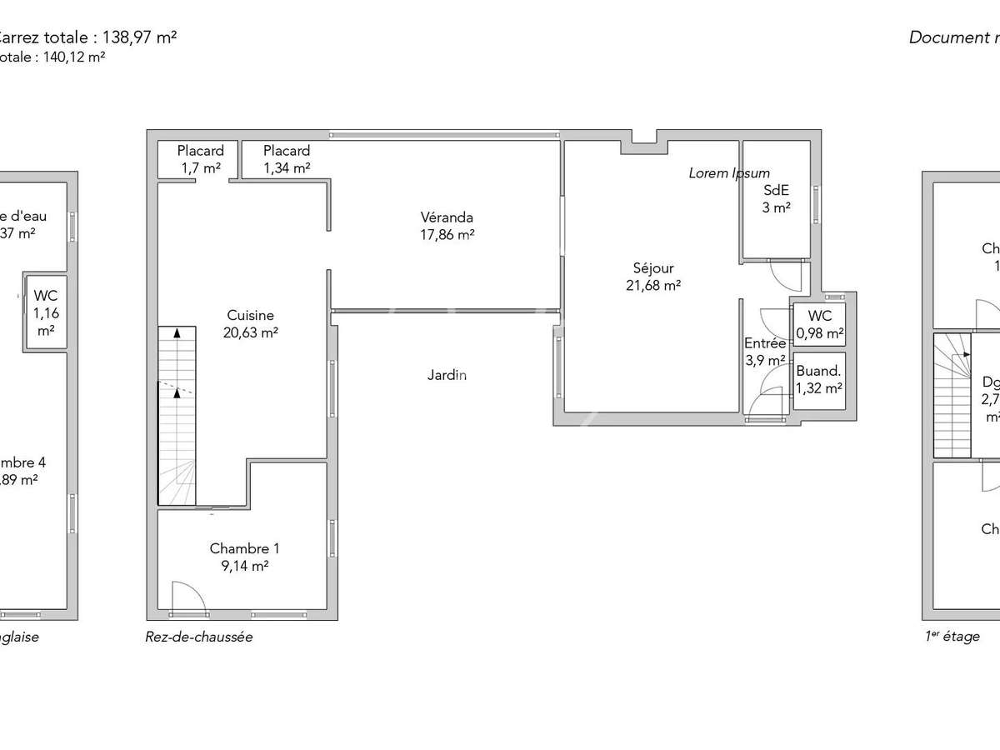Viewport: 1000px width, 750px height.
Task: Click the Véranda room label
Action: coord(447,218)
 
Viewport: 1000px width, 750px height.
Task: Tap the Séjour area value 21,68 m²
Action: coord(653,285)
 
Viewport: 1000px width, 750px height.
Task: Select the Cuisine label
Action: coord(250,316)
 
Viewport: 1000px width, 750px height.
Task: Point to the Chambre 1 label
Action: coord(244,548)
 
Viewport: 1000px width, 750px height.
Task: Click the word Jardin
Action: coord(447,375)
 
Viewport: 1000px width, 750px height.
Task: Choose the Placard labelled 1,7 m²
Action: coord(201,159)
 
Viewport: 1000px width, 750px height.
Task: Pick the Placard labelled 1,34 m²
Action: coord(287,159)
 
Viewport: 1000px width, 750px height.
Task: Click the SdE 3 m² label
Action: coord(776,198)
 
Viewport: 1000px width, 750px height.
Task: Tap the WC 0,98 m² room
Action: coord(819,325)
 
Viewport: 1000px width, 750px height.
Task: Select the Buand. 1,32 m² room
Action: coord(819,380)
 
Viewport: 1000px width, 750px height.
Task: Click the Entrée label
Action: coord(765,343)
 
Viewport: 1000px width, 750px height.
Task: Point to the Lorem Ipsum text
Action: coord(729,173)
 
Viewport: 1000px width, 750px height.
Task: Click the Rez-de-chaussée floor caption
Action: coord(198,637)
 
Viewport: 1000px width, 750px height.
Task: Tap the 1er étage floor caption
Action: coord(952,637)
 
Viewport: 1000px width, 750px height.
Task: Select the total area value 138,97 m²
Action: coord(139,37)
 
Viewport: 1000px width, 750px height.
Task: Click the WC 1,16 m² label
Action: coord(45,312)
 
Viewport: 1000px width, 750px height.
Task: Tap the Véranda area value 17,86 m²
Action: coord(447,235)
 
